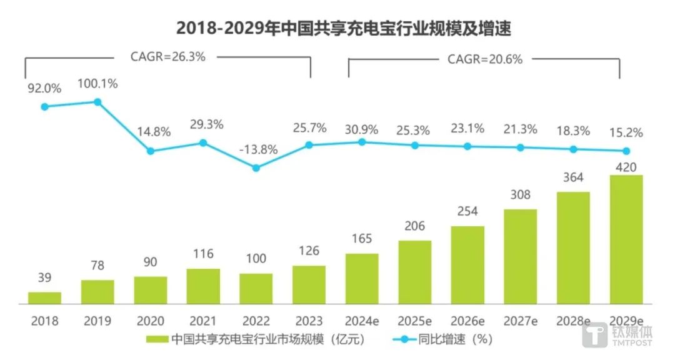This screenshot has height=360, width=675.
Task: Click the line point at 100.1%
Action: click(x=97, y=101)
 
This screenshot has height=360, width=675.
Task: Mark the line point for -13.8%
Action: click(x=256, y=167)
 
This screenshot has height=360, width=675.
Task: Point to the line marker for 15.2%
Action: click(x=626, y=151)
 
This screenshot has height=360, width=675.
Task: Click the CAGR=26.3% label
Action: click(x=167, y=56)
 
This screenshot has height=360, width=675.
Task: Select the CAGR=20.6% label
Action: click(x=484, y=59)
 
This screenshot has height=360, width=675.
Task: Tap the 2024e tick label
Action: click(x=362, y=321)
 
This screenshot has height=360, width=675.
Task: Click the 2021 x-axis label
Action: click(x=203, y=321)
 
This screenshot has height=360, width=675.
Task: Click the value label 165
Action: click(x=362, y=238)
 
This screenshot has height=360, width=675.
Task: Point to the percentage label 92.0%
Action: click(x=44, y=89)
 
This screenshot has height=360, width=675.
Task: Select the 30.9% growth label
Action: click(x=362, y=129)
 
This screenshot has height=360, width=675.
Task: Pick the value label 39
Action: click(x=44, y=277)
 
